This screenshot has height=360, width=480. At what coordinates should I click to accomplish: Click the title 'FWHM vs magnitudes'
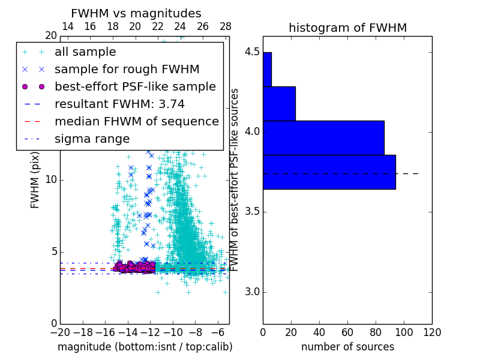136,14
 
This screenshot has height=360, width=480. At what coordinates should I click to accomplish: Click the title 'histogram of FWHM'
347,28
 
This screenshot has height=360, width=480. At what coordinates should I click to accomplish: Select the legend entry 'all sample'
85,52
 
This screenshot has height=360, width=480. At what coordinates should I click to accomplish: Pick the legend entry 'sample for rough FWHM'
127,70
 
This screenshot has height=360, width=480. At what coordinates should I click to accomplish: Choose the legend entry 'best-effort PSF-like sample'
135,87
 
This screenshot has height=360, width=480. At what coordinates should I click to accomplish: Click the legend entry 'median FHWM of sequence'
136,122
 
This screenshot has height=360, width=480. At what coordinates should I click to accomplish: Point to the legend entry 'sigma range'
92,139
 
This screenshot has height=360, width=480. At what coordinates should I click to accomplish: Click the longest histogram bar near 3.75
329,172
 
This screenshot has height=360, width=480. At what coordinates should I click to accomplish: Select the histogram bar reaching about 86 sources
323,138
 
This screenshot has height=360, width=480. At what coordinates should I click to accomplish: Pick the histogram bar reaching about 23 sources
279,104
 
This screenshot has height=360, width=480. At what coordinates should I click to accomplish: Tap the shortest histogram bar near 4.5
267,70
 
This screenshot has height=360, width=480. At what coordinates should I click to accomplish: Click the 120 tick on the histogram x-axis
432,332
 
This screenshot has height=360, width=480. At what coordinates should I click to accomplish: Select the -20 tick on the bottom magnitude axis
60,332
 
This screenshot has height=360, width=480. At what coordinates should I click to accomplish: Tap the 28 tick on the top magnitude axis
226,27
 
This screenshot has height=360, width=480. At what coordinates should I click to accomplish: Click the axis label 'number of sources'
347,347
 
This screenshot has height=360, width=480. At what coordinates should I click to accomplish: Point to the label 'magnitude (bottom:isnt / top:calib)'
145,347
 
